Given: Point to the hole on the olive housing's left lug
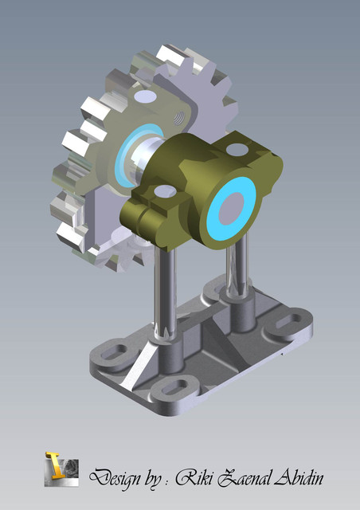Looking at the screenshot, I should (x=164, y=192).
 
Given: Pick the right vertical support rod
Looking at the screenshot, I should (x=237, y=271).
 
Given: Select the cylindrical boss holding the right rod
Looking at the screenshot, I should (x=239, y=315).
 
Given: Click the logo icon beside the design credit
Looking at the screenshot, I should (x=61, y=469).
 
